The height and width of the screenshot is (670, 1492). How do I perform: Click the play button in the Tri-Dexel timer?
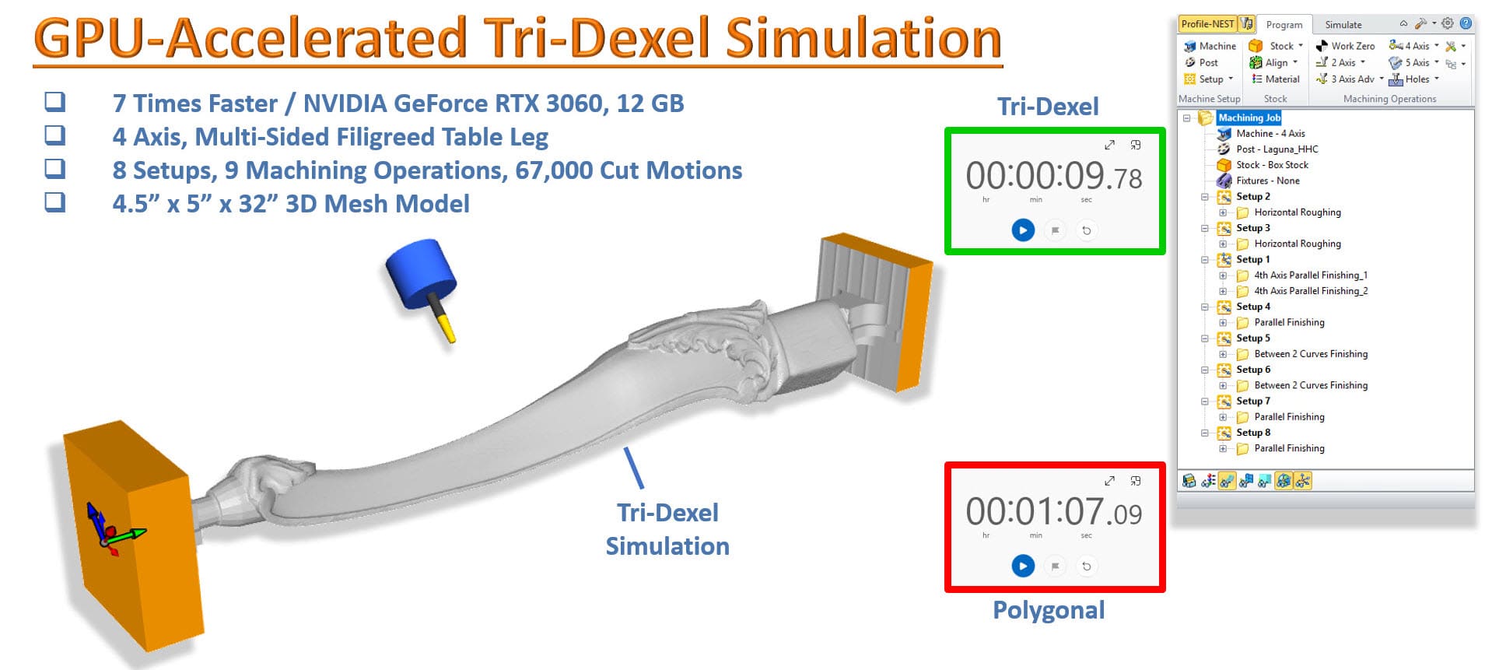[x=1023, y=230]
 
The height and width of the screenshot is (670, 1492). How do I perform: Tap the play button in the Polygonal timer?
[x=1023, y=566]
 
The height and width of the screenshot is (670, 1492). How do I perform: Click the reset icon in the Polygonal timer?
[x=1087, y=566]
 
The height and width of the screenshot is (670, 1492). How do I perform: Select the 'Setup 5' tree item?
[x=1252, y=339]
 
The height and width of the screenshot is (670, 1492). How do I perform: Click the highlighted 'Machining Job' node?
[x=1249, y=118]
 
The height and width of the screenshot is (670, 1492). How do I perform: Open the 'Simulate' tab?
[x=1343, y=25]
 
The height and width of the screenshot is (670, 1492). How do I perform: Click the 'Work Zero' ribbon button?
[x=1345, y=46]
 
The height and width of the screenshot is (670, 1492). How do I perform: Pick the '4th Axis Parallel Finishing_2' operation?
[x=1311, y=291]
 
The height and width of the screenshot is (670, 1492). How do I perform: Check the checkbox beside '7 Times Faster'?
[x=55, y=102]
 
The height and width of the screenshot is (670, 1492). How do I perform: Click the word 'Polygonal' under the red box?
[x=1049, y=610]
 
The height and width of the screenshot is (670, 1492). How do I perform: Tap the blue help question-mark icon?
[x=1466, y=23]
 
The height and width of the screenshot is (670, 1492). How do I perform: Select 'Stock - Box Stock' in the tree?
[x=1272, y=165]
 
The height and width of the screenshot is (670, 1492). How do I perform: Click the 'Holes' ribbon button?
[x=1416, y=79]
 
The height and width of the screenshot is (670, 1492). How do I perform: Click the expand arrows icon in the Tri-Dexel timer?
[x=1109, y=145]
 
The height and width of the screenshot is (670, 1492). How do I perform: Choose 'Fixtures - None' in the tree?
[x=1267, y=181]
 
